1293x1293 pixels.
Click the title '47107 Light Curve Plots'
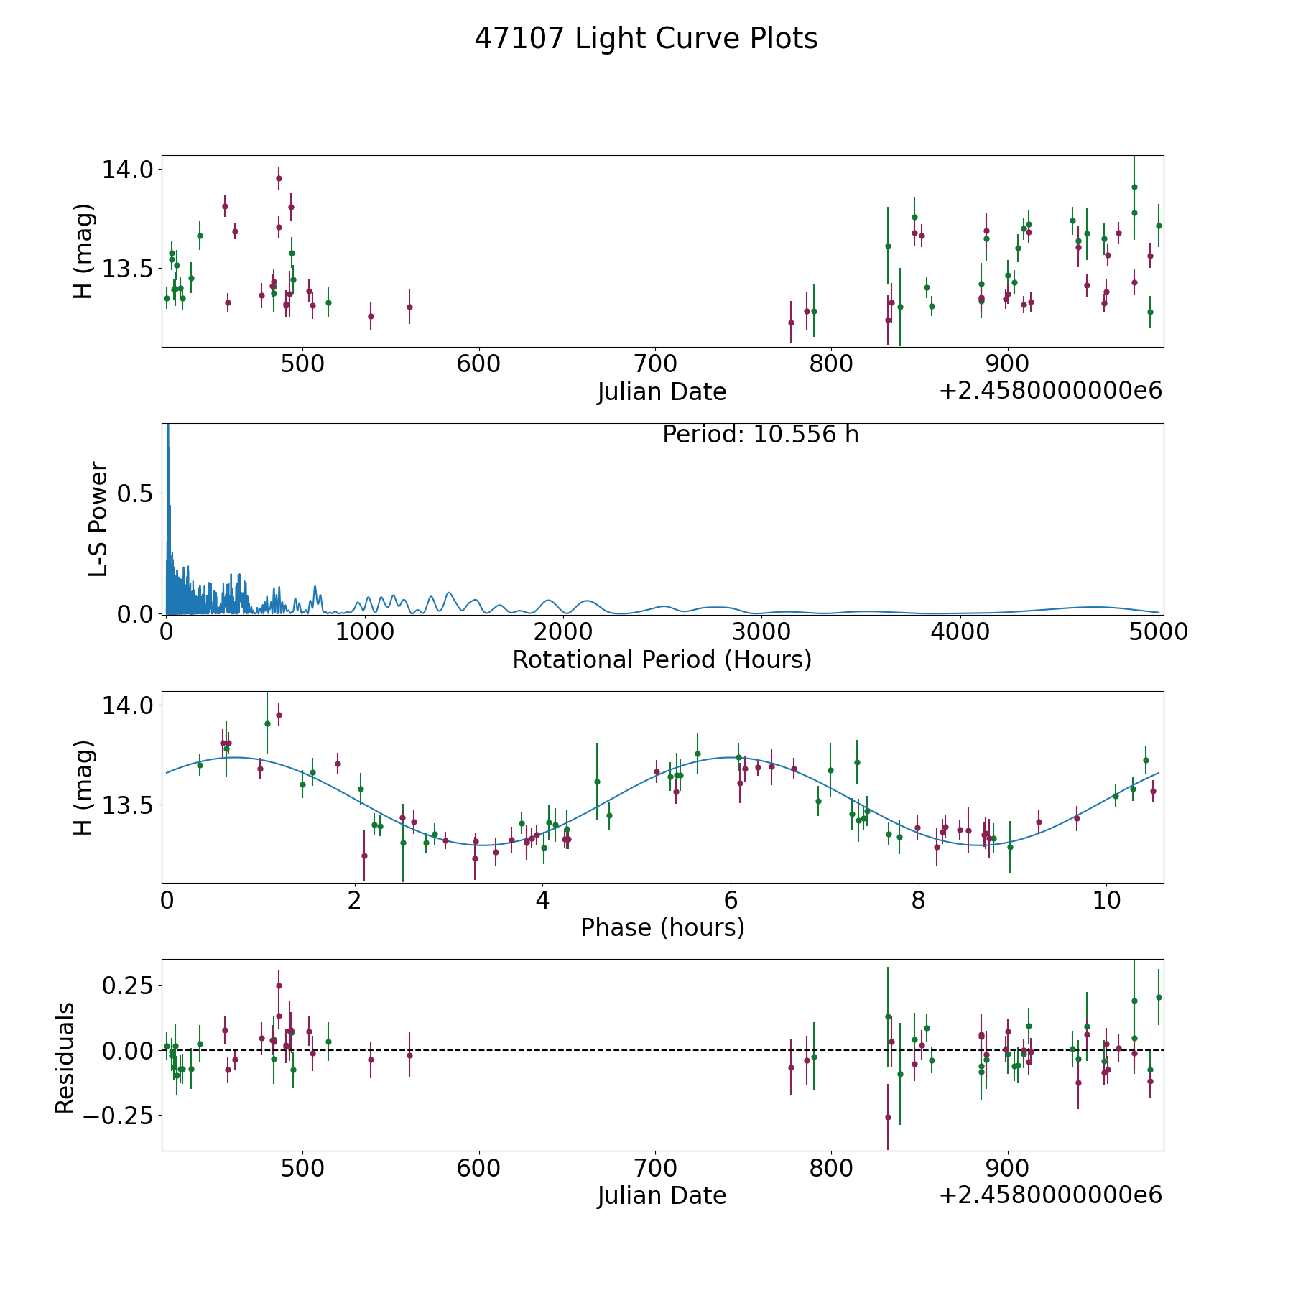click(x=646, y=39)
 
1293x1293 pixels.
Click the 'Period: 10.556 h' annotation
click(x=760, y=435)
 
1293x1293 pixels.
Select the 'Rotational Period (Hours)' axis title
click(x=662, y=659)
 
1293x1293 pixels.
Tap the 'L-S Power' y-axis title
click(x=98, y=519)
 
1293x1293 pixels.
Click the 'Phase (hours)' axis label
click(x=662, y=927)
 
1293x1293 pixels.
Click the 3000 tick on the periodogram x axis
click(x=761, y=631)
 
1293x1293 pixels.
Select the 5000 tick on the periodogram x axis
click(x=1158, y=631)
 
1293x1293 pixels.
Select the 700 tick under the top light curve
click(x=655, y=364)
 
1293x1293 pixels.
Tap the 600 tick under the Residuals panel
click(x=478, y=1168)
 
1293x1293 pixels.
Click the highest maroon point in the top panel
click(x=279, y=178)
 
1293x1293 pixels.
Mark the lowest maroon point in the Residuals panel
click(x=888, y=1117)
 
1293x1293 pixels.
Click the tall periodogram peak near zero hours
click(x=168, y=431)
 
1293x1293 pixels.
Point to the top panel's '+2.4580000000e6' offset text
click(x=1050, y=391)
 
